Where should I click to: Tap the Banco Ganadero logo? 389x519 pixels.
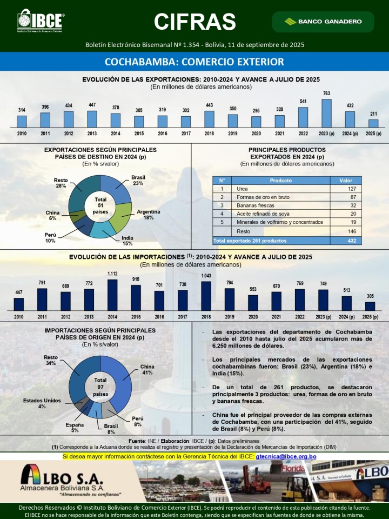click(323, 22)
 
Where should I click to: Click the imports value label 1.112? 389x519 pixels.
click(112, 274)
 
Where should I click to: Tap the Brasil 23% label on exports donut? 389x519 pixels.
click(138, 180)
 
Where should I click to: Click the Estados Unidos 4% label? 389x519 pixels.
click(42, 403)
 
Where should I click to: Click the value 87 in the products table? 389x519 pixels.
click(352, 197)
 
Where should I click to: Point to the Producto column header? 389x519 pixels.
click(280, 181)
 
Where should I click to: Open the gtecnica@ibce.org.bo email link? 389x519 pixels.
click(286, 457)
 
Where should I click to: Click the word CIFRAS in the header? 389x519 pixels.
click(194, 22)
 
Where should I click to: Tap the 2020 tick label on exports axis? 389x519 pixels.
click(256, 133)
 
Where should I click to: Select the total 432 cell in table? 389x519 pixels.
click(352, 241)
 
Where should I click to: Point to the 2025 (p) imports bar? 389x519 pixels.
click(370, 305)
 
